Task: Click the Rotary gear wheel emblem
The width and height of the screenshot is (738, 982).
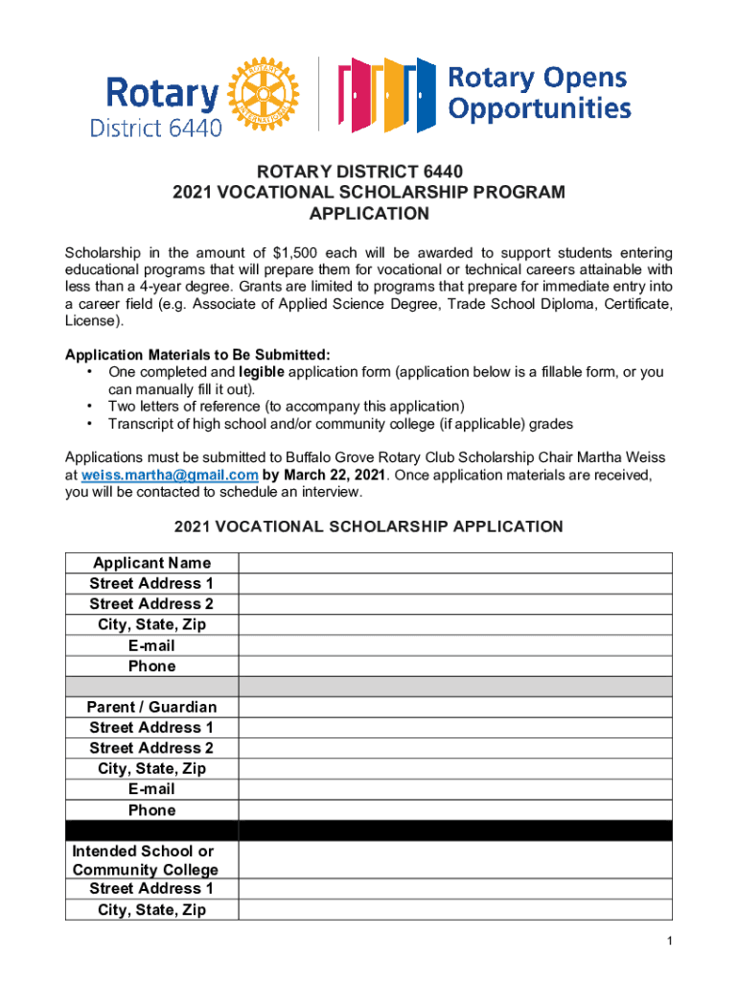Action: tap(258, 93)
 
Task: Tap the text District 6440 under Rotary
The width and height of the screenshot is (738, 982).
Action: tap(155, 128)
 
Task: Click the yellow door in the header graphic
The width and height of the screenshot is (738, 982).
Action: tap(393, 95)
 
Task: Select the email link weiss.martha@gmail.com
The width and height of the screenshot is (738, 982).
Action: tap(170, 475)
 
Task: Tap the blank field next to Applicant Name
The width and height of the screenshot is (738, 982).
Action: tap(455, 563)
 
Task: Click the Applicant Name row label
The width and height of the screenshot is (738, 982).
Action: tap(151, 563)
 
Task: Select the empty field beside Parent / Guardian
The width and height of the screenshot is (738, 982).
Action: tap(455, 707)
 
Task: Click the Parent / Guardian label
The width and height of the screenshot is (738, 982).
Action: tap(151, 707)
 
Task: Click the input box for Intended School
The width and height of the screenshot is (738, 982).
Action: tap(455, 860)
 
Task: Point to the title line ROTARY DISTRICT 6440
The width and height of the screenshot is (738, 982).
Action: tap(368, 172)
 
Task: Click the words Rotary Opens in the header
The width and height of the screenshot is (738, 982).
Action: tap(538, 77)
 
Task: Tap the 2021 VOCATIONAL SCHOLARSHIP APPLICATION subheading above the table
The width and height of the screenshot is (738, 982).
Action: tap(368, 526)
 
